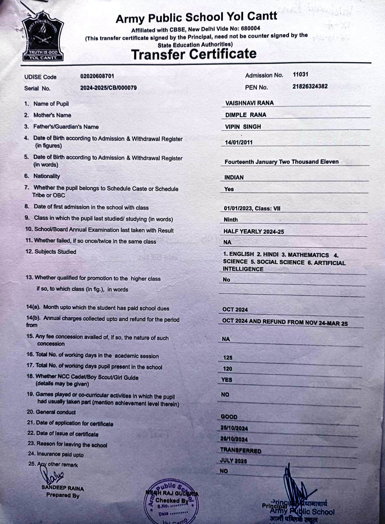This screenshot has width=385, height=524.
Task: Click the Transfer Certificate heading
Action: [x=194, y=54]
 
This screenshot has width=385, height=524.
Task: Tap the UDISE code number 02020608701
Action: [x=97, y=76]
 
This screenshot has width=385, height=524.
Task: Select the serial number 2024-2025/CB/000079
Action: [x=108, y=88]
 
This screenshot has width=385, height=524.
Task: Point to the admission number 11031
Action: [x=300, y=74]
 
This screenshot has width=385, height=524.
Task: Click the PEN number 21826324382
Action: [x=310, y=86]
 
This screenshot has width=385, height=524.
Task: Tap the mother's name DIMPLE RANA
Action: [x=246, y=115]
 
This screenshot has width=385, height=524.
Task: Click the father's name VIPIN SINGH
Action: [x=243, y=127]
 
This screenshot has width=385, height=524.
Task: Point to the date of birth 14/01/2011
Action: [x=239, y=142]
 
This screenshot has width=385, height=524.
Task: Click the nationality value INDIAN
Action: [x=234, y=178]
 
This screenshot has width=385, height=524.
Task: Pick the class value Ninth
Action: [x=231, y=220]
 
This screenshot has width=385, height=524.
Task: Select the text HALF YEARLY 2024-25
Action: [x=254, y=232]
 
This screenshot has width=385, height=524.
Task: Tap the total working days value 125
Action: [x=228, y=358]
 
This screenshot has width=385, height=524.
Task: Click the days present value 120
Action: [x=227, y=369]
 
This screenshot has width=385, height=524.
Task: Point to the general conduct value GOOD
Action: [x=229, y=417]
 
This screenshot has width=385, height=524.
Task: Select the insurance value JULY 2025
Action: [x=233, y=461]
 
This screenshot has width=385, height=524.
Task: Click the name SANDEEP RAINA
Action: [x=63, y=488]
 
